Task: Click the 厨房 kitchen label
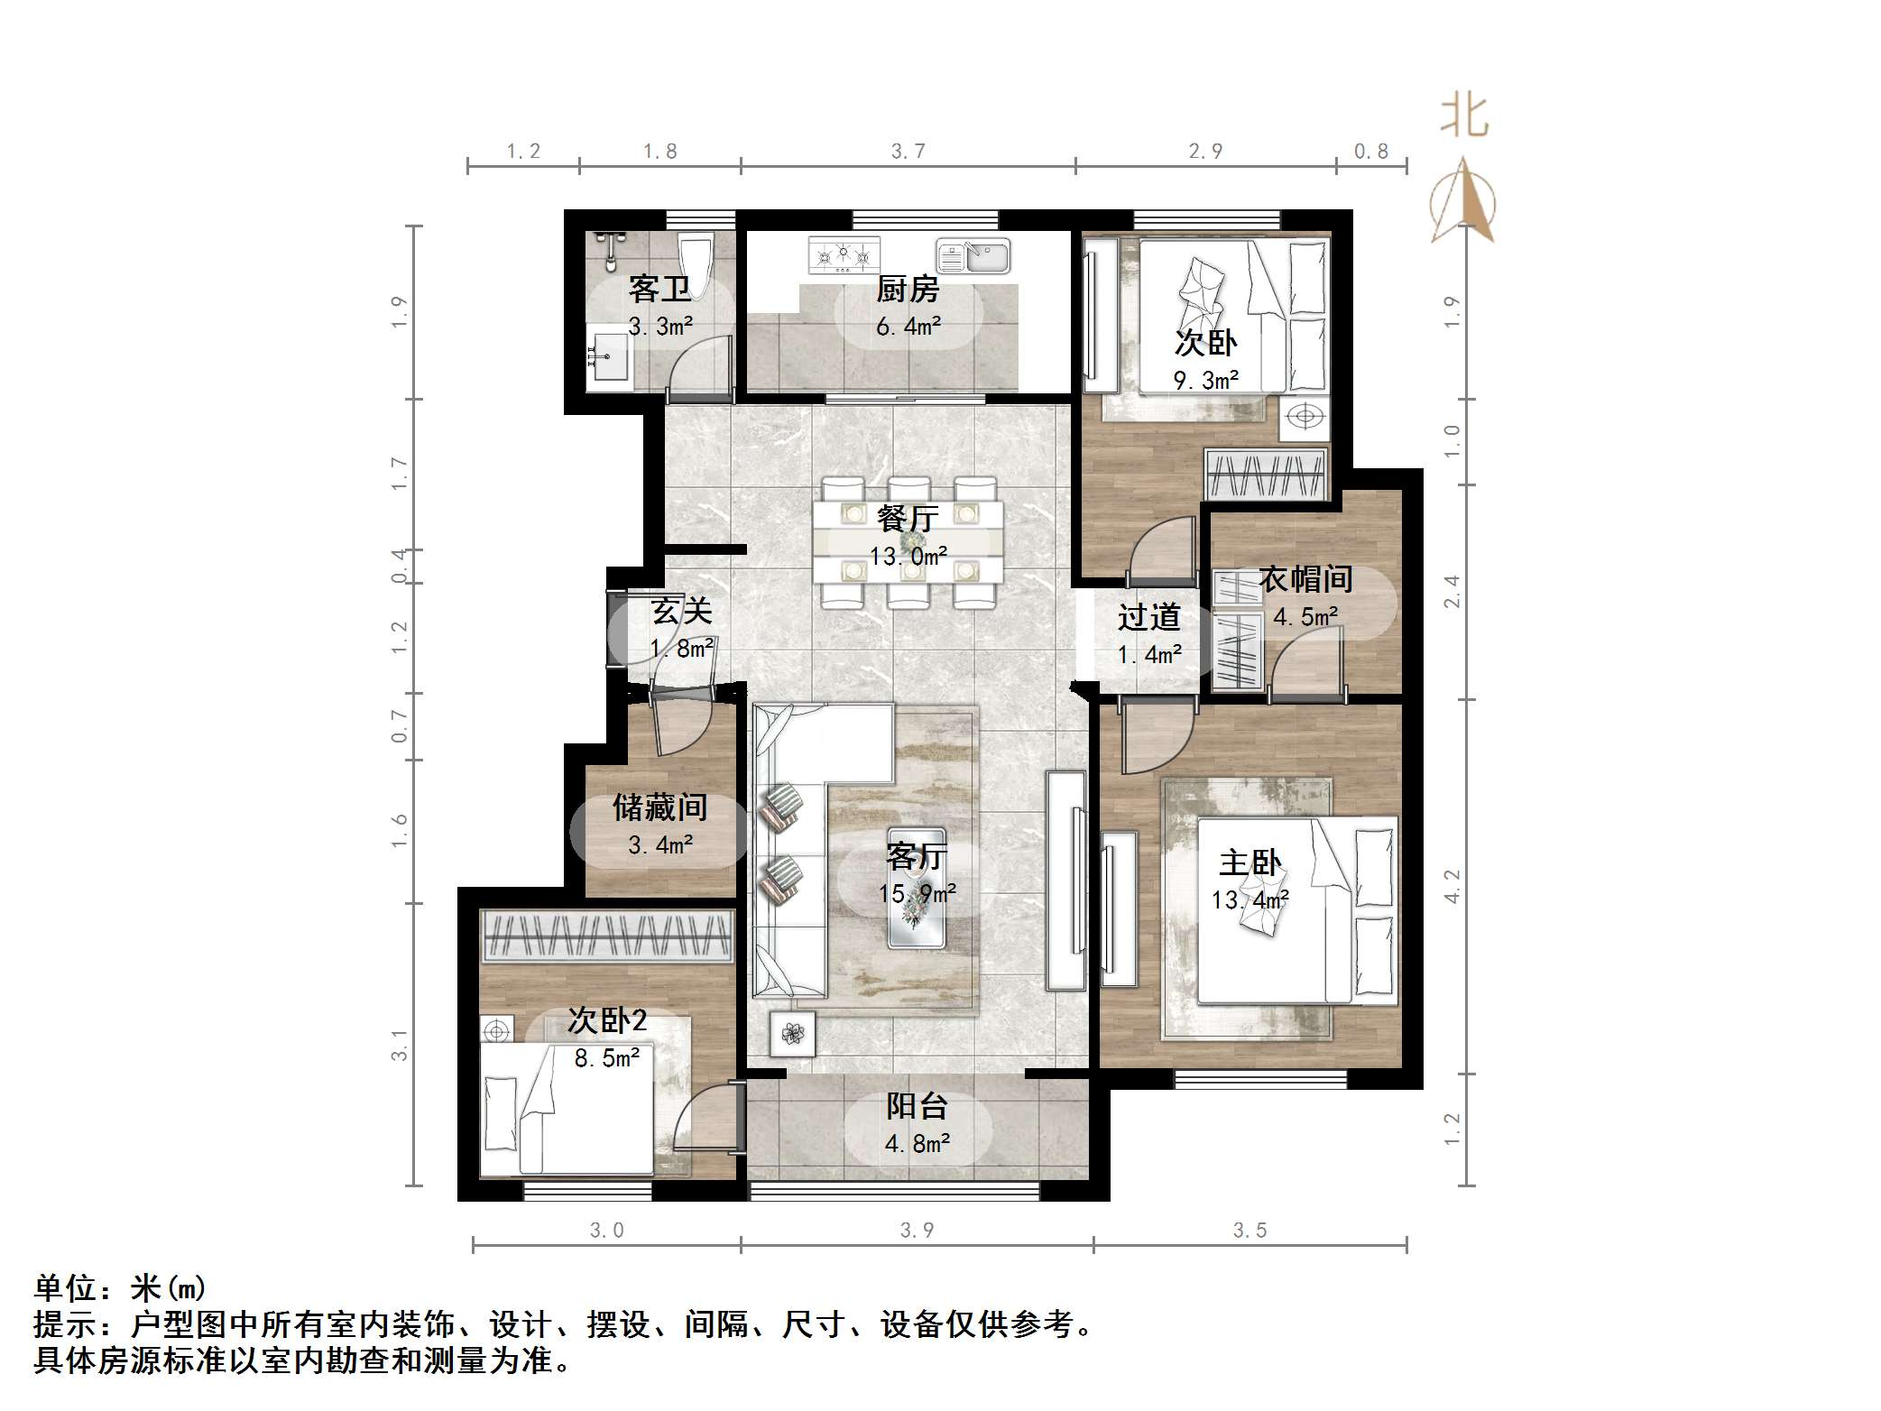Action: (908, 290)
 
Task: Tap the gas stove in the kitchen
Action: (844, 255)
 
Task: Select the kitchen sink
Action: (973, 256)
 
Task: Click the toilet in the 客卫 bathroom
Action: (696, 261)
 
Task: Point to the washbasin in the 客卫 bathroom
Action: (610, 358)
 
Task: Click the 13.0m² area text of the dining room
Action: (908, 557)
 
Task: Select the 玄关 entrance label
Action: (682, 612)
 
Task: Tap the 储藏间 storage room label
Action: (659, 807)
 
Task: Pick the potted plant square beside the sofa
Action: (792, 1033)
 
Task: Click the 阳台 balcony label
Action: (917, 1106)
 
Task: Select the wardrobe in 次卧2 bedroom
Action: (606, 936)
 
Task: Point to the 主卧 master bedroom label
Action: (1249, 863)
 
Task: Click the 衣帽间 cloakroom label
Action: (1305, 579)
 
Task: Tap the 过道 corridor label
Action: (1148, 618)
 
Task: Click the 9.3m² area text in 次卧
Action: (1205, 381)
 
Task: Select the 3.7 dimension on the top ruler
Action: (908, 152)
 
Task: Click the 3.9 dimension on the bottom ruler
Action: (917, 1231)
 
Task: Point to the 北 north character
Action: (1463, 117)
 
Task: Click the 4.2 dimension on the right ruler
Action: (1452, 886)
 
